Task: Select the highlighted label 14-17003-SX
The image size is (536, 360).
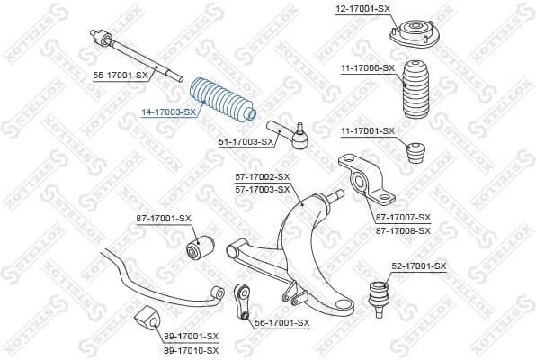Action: point(168,112)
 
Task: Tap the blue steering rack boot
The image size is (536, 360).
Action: point(221,100)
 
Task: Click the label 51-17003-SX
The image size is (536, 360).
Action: point(246,141)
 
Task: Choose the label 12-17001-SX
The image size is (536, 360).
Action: point(363,8)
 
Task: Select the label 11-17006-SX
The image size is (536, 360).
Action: point(367,67)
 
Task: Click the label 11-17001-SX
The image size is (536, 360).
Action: point(367,131)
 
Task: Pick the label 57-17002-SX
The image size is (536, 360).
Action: point(262,177)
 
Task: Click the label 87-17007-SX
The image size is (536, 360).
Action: point(404,218)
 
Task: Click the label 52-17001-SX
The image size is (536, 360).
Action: point(418,266)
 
